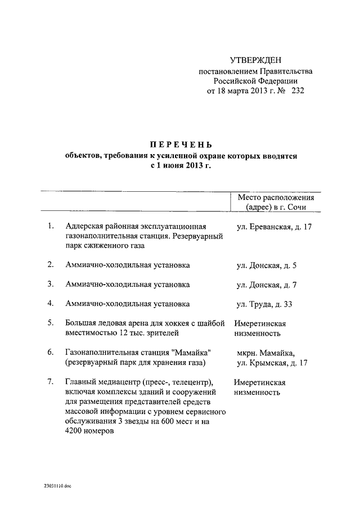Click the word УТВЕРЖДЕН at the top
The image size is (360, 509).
click(255, 60)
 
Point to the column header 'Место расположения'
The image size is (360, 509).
click(276, 197)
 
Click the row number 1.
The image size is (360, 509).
click(51, 226)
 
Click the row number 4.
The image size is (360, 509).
click(51, 304)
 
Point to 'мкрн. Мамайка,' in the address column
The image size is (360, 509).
click(266, 353)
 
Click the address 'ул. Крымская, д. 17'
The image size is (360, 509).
click(272, 363)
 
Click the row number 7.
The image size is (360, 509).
click(51, 382)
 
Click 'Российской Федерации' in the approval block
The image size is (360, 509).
click(255, 80)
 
